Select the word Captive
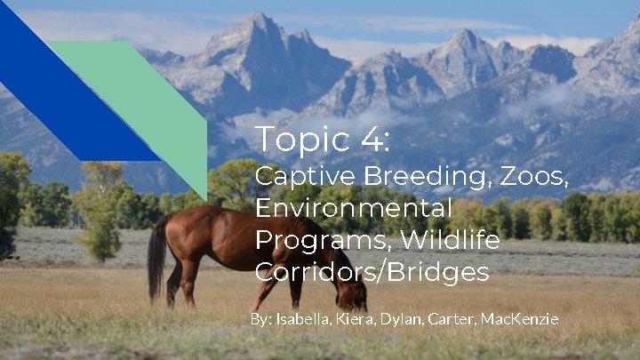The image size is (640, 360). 295,176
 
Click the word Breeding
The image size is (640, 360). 412,176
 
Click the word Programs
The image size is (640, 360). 322,241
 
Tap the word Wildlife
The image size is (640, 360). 449,240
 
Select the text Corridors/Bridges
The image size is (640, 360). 372,272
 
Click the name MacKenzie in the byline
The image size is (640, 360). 519,318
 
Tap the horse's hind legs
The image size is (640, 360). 182,280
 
